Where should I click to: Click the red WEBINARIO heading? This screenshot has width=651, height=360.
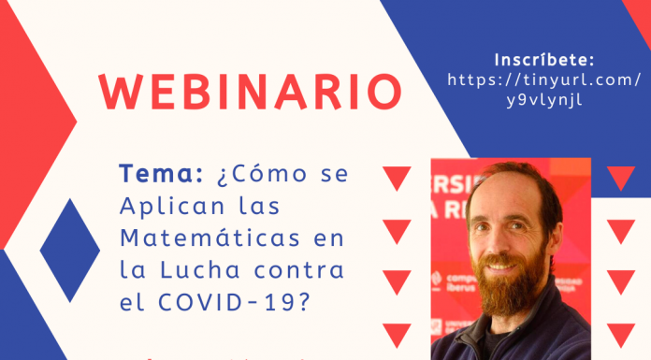tap(251, 90)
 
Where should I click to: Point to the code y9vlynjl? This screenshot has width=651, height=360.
tap(542, 102)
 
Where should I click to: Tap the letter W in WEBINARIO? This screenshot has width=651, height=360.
tap(119, 90)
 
